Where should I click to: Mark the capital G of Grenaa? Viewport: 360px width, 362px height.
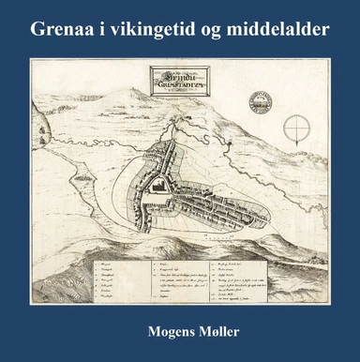pyautogui.click(x=38, y=29)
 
